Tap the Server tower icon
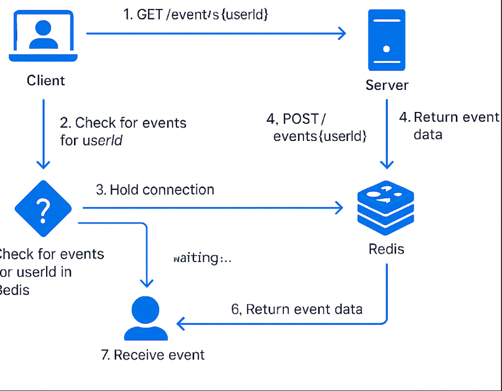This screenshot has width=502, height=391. point(386,41)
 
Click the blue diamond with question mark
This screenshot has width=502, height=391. point(43,209)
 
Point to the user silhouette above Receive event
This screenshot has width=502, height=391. point(146,319)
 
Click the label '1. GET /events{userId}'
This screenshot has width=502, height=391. point(196,15)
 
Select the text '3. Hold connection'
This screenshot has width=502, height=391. point(155,189)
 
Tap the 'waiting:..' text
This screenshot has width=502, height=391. point(202,258)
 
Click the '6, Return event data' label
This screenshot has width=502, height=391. point(297,309)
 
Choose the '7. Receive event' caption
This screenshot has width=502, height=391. point(153,355)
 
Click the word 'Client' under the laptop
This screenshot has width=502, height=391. point(46,80)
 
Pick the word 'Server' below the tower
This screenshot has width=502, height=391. point(387,85)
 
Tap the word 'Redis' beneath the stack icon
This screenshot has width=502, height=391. point(386,249)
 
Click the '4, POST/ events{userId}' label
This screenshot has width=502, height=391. point(316,127)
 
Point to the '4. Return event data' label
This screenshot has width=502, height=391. point(449,126)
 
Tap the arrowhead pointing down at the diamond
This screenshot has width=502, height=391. point(43,164)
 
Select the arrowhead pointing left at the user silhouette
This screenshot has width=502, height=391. point(181,323)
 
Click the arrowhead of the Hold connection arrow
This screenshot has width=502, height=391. point(339,208)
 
